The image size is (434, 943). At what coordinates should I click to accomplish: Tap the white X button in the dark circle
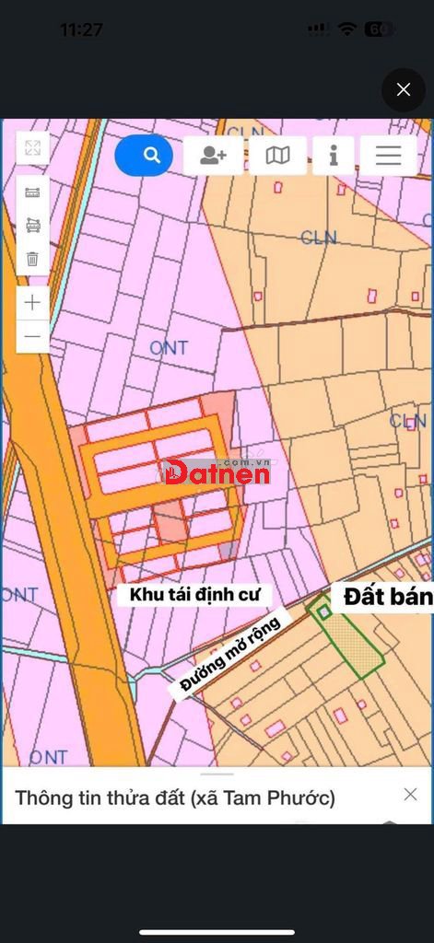point(403,89)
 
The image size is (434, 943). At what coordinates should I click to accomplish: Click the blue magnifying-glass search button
point(144,156)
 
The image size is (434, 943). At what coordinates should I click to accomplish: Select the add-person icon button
point(213,156)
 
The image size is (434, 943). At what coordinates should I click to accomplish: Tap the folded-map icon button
point(277,156)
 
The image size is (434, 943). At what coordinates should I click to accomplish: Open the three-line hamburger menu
point(388,156)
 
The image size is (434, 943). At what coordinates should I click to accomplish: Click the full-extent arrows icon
point(33,148)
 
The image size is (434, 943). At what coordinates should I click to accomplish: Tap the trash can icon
point(33,259)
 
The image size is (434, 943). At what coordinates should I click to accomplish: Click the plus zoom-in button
point(33,302)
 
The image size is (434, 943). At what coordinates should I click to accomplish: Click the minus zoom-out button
point(33,336)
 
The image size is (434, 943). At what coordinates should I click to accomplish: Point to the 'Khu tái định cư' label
point(194,595)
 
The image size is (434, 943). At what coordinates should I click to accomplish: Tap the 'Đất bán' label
point(387,597)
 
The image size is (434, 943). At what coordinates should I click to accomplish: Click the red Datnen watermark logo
point(217,472)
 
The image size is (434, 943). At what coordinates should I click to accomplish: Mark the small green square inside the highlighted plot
point(324,611)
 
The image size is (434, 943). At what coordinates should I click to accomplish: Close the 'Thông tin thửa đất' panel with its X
point(410,794)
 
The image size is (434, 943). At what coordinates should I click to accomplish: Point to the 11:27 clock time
point(81,29)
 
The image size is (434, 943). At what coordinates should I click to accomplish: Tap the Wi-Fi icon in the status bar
point(346,29)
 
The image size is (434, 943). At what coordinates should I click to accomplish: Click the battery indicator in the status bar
point(379,29)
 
